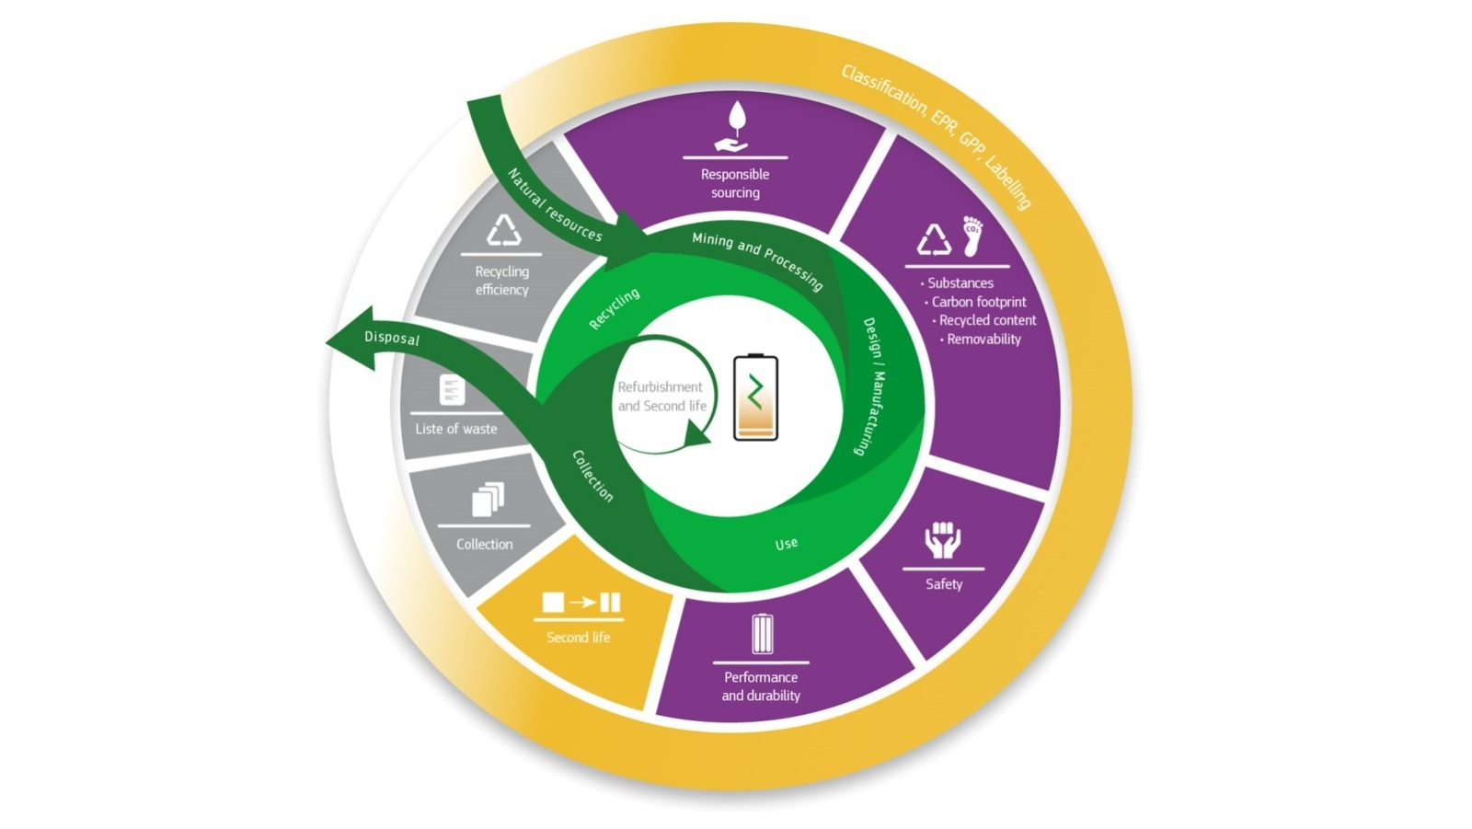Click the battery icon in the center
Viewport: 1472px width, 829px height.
[x=755, y=397]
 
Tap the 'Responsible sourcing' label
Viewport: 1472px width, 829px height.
[x=735, y=183]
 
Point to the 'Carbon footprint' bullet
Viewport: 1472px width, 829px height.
[x=978, y=302]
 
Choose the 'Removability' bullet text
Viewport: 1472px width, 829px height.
[x=983, y=340]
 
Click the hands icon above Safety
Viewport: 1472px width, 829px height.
[x=943, y=540]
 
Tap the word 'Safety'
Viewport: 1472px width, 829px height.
[x=944, y=584]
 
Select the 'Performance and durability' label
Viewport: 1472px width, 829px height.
[x=761, y=686]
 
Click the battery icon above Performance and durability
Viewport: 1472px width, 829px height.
[x=762, y=634]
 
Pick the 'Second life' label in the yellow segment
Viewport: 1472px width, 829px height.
[x=578, y=638]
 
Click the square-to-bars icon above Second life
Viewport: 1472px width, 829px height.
[x=581, y=603]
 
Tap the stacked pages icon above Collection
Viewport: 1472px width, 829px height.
[x=488, y=500]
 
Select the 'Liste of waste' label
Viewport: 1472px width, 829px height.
[x=455, y=429]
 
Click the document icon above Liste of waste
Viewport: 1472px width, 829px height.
[x=452, y=390]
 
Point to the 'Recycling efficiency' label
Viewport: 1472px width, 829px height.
[x=501, y=281]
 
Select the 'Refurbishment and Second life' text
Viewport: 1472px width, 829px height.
[x=661, y=397]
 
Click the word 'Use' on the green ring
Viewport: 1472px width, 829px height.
[x=786, y=544]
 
